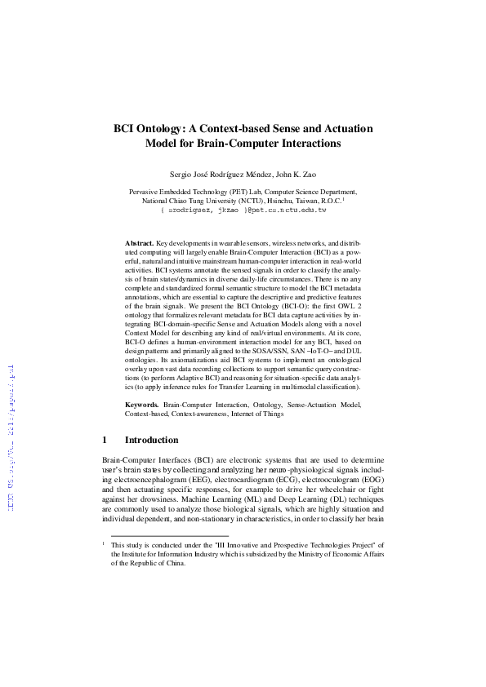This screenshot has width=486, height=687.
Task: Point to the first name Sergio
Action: pyautogui.click(x=182, y=175)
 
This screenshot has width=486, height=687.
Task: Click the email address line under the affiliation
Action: pyautogui.click(x=243, y=210)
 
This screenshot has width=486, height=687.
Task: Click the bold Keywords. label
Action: pyautogui.click(x=141, y=405)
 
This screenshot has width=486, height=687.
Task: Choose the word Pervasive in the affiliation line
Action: pyautogui.click(x=147, y=191)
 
